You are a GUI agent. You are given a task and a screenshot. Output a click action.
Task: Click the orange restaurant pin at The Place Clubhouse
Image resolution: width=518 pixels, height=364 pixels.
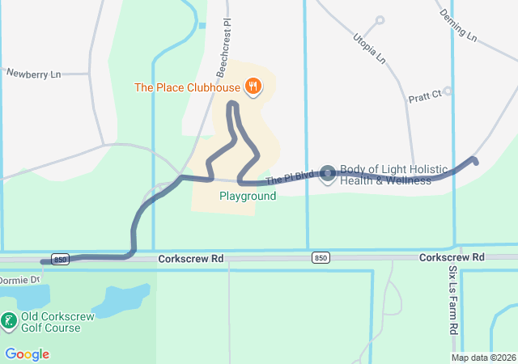tap(253, 87)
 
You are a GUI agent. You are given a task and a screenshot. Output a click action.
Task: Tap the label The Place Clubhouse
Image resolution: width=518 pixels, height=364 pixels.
tap(187, 87)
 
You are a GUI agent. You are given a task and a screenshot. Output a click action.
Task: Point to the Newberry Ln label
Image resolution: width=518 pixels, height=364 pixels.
tap(34, 74)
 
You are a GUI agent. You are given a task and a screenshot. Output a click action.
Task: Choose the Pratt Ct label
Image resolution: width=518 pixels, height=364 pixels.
tap(424, 95)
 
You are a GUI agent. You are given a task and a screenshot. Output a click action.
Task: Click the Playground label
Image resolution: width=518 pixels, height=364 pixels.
tap(248, 196)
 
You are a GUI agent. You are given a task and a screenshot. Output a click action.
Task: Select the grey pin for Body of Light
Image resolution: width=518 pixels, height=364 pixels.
tap(328, 174)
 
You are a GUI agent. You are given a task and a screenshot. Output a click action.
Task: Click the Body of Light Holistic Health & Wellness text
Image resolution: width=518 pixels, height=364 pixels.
tap(393, 175)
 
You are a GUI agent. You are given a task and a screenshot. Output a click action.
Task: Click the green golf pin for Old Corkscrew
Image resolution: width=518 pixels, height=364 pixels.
tap(9, 322)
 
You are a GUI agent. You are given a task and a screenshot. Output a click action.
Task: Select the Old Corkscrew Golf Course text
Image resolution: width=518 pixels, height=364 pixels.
tap(51, 322)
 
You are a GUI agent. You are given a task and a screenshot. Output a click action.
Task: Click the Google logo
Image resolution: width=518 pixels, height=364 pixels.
tap(27, 354)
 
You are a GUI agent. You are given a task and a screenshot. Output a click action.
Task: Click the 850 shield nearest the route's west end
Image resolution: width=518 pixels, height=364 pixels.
tap(59, 259)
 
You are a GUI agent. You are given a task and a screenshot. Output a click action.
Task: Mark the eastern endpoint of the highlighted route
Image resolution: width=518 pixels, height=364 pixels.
tap(475, 161)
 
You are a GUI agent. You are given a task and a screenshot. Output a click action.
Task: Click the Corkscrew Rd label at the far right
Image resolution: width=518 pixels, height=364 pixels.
tap(452, 257)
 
